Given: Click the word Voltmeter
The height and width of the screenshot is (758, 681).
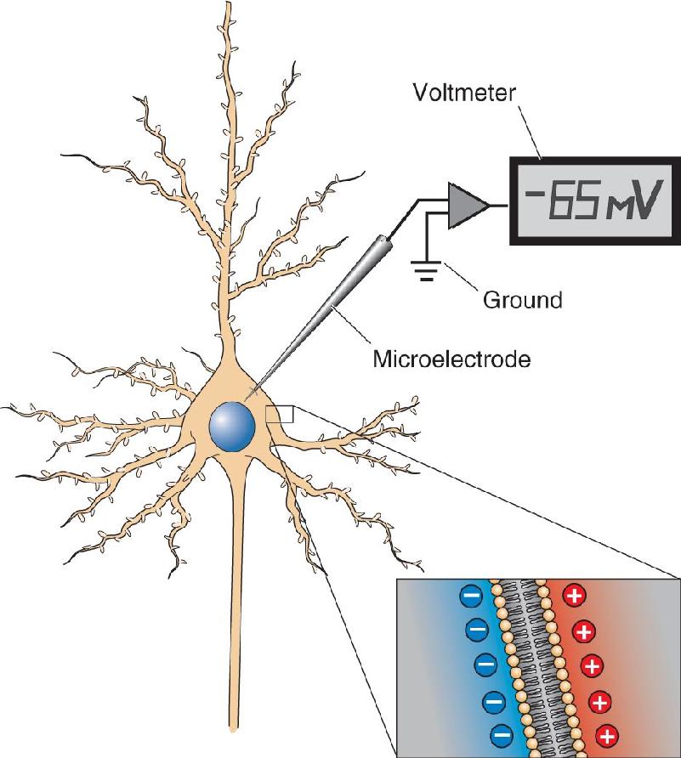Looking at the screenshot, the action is [464, 92].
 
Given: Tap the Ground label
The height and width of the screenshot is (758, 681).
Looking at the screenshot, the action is [523, 300].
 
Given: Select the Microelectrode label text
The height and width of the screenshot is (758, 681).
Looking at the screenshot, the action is [451, 359].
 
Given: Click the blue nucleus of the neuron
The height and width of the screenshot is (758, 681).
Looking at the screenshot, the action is [232, 427].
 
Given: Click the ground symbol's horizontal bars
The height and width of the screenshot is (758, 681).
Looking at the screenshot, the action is [426, 270].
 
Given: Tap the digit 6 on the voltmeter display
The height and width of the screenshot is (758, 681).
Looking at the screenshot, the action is [562, 201].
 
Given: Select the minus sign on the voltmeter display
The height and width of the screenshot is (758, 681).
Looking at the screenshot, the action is [535, 195].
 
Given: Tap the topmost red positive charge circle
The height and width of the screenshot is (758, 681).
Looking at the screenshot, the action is [575, 596].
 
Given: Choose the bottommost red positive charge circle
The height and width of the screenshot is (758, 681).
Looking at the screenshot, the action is [607, 736].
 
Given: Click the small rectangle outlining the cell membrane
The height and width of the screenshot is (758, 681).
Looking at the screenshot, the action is [280, 415].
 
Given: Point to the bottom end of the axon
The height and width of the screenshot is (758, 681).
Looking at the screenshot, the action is [234, 729].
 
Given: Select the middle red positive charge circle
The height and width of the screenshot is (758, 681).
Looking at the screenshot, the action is [591, 666].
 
